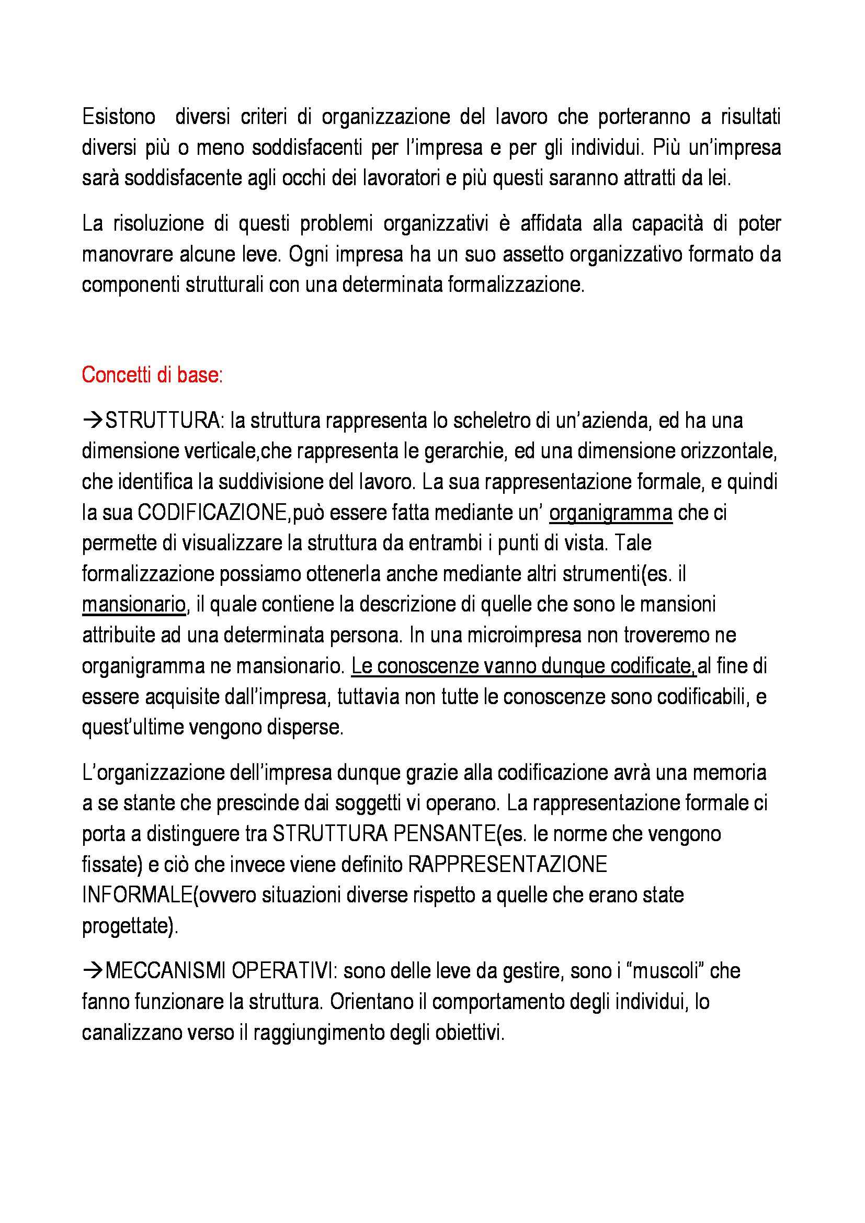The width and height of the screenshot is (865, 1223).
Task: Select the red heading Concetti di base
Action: point(152,375)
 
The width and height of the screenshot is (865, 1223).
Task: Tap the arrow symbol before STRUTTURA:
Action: point(93,421)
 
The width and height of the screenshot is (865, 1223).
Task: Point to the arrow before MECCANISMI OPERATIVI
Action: point(93,971)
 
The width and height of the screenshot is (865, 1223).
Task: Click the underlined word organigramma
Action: point(610,513)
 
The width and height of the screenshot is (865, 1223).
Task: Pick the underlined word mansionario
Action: point(134,605)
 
